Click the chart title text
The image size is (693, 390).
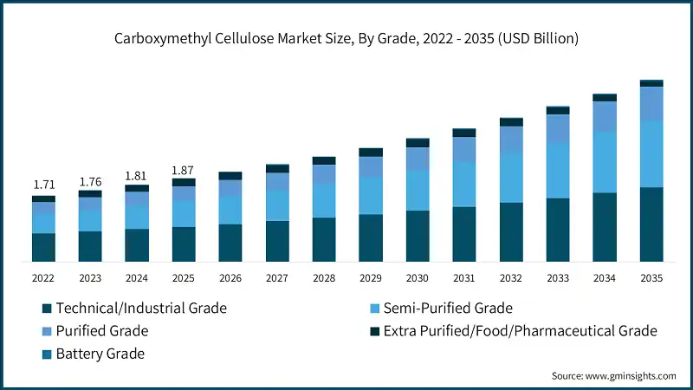tap(346, 39)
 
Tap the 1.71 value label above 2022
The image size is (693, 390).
tap(43, 185)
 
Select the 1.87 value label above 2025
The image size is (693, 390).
tap(184, 170)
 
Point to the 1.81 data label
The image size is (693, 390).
tap(137, 176)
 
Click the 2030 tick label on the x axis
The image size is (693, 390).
tap(418, 278)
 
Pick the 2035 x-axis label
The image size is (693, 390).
tap(651, 278)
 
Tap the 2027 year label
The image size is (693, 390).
tap(277, 278)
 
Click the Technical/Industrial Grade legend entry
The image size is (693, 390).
tap(140, 308)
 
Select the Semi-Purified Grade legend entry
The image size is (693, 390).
tap(448, 308)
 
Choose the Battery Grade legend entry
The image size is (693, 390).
tap(100, 354)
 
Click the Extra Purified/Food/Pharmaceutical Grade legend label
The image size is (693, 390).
tap(520, 331)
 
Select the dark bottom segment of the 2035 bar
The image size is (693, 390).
tap(651, 224)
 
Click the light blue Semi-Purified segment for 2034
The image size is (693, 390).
tap(605, 162)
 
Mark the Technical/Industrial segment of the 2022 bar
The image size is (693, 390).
tap(43, 247)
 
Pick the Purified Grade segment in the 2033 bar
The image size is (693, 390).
tap(558, 128)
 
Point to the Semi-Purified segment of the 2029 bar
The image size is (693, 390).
tap(371, 195)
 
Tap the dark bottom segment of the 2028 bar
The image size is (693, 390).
tap(324, 239)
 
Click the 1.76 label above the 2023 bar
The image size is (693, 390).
tap(90, 181)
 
